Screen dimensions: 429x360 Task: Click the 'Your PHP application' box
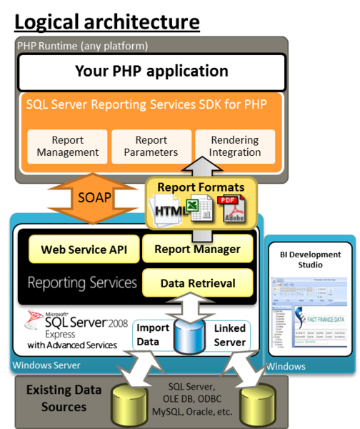151,71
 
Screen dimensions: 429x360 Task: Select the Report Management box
67,147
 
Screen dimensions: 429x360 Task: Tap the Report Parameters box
151,147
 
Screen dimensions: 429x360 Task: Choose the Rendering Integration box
235,147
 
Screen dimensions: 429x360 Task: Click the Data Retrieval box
198,283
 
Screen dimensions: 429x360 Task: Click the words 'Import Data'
152,335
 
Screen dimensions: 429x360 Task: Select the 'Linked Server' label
229,335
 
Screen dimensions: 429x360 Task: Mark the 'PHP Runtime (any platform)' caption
82,46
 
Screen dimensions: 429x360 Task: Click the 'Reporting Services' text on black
82,282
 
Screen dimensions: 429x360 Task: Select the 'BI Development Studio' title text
309,260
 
